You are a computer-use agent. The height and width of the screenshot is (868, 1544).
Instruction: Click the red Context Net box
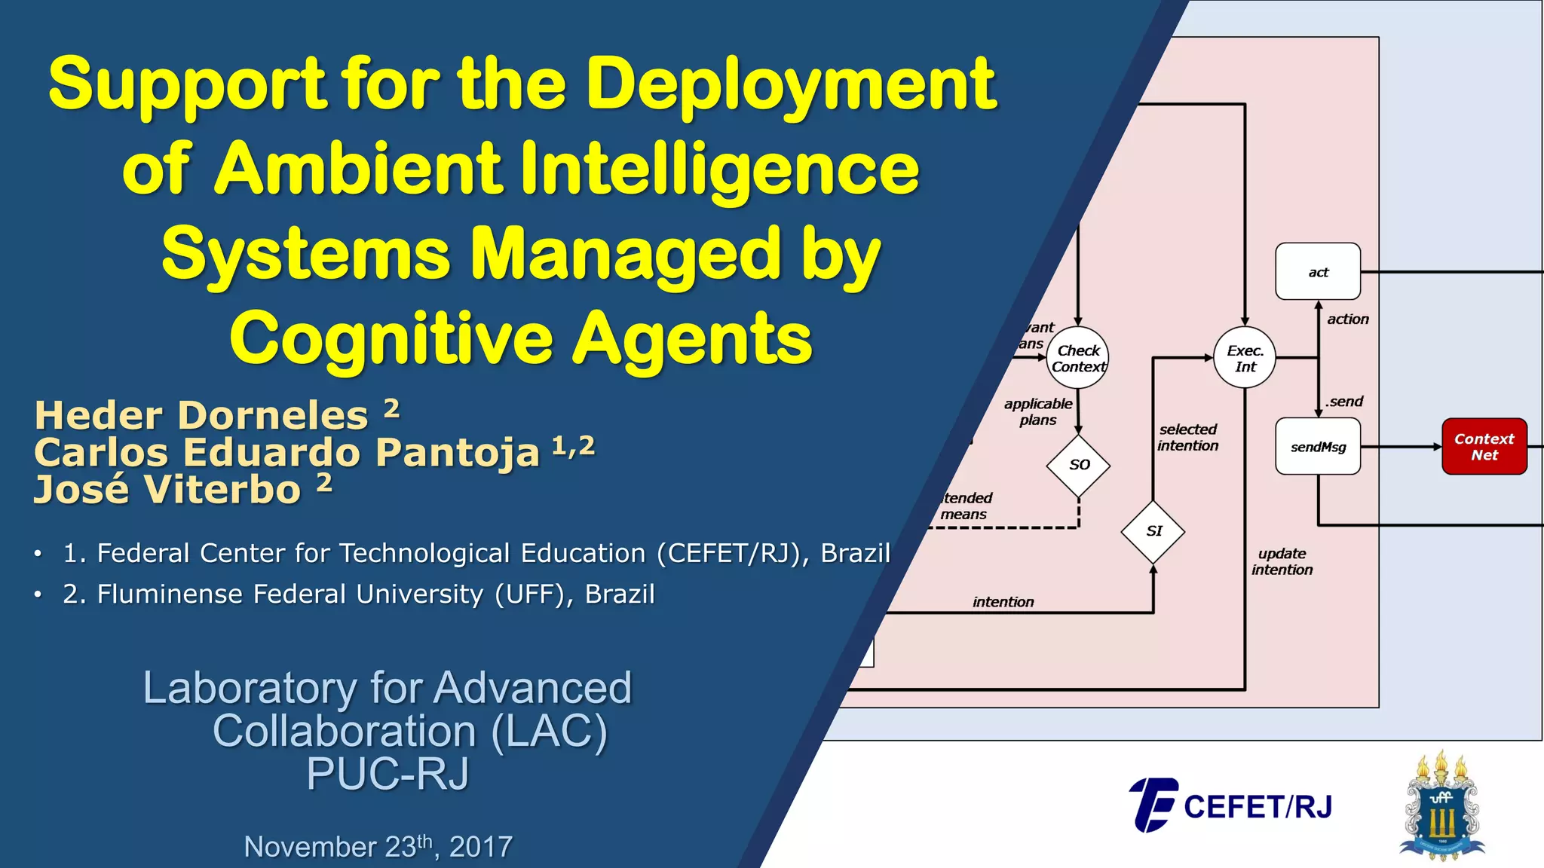pos(1484,446)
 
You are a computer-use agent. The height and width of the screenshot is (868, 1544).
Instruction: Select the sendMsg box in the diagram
pos(1318,446)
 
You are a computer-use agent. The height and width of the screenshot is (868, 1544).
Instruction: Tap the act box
pos(1318,271)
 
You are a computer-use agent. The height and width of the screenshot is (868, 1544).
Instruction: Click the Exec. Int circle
pos(1245,358)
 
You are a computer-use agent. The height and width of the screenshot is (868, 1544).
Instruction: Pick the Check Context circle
pos(1078,358)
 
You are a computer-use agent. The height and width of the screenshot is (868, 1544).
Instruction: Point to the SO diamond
pos(1079,465)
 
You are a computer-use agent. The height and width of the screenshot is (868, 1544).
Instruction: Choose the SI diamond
pos(1153,531)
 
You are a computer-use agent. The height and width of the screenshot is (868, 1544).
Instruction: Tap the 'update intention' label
pos(1282,561)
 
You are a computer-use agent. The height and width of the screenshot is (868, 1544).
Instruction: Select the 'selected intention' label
pos(1187,437)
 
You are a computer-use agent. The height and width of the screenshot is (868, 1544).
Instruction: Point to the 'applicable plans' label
pos(1038,411)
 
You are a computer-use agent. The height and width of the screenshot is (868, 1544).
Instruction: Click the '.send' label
pos(1344,402)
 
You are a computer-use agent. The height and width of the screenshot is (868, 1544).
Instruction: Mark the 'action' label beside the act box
pos(1347,319)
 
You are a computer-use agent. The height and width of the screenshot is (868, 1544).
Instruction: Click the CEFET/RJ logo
pos(1230,805)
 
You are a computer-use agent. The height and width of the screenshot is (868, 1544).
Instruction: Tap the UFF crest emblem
pos(1441,806)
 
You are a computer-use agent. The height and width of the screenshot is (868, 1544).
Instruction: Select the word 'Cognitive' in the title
pos(392,339)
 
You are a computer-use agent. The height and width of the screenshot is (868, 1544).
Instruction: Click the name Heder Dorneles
pos(202,415)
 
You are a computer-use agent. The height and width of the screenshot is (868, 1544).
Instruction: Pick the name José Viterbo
pos(167,489)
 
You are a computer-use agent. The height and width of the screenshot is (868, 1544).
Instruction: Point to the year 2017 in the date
pos(481,847)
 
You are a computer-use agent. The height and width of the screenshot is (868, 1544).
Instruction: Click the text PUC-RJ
pos(388,774)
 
